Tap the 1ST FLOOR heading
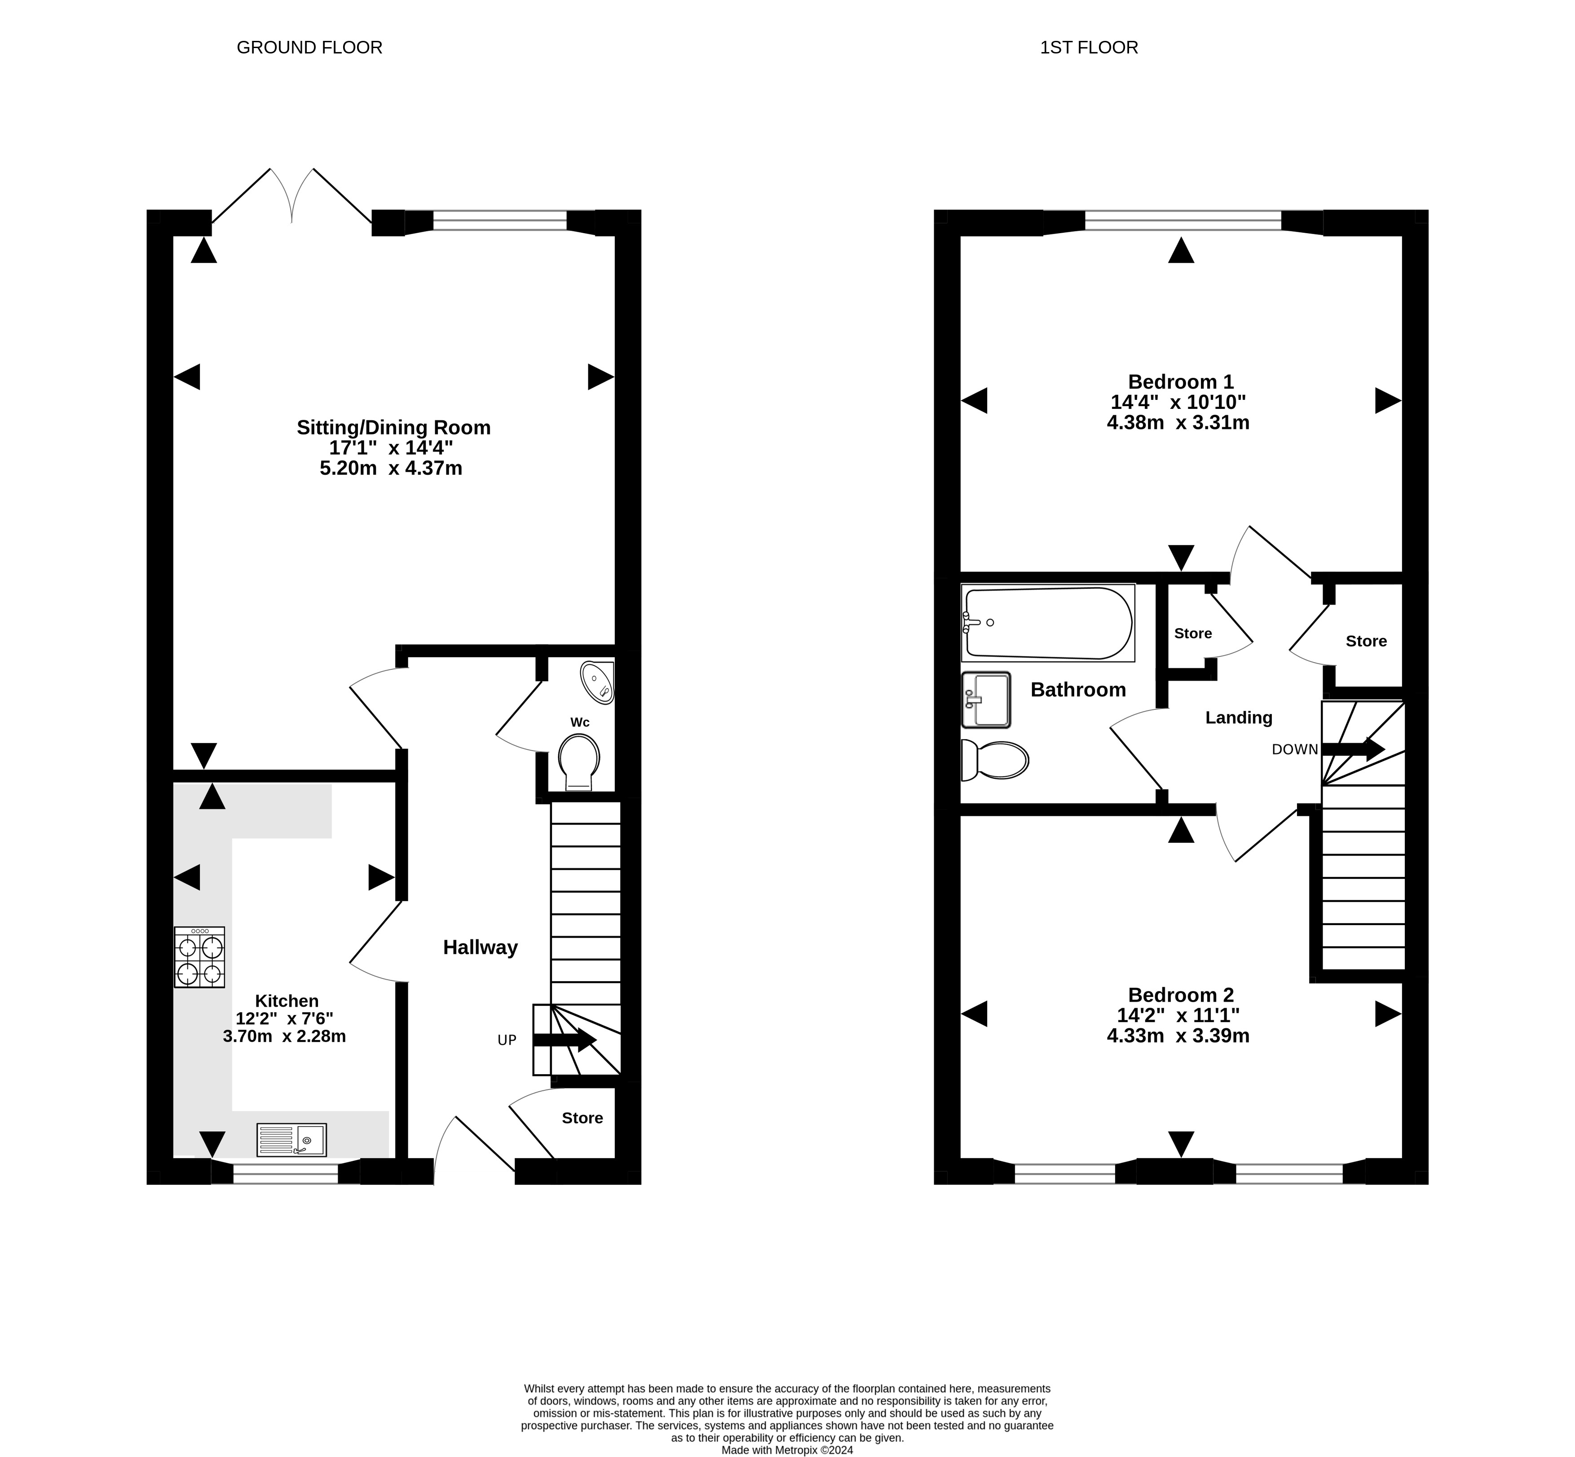coord(1089,47)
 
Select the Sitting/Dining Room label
coord(393,427)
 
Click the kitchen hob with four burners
coord(199,957)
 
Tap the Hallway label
coord(480,947)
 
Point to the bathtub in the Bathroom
coord(1048,623)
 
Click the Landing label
coord(1239,717)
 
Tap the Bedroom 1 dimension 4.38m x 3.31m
coord(1178,423)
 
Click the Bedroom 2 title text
coord(1181,995)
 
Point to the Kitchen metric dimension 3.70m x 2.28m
coord(285,1036)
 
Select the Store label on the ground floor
coord(582,1117)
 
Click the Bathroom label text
coord(1078,690)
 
